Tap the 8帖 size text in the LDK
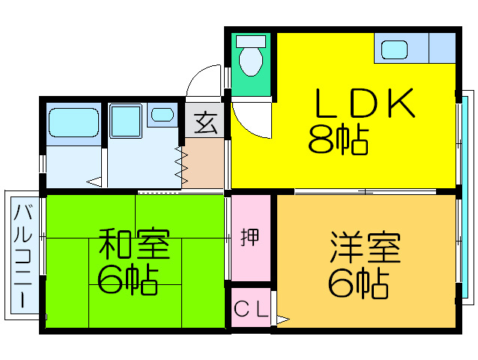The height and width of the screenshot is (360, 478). coord(338,139)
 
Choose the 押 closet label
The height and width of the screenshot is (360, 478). coord(250,237)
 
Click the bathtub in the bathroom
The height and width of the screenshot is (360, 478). coord(73,121)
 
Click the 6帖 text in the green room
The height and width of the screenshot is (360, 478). coord(127,279)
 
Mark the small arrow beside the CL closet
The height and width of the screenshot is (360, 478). coord(282,320)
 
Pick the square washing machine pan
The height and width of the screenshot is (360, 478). coord(127,121)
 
